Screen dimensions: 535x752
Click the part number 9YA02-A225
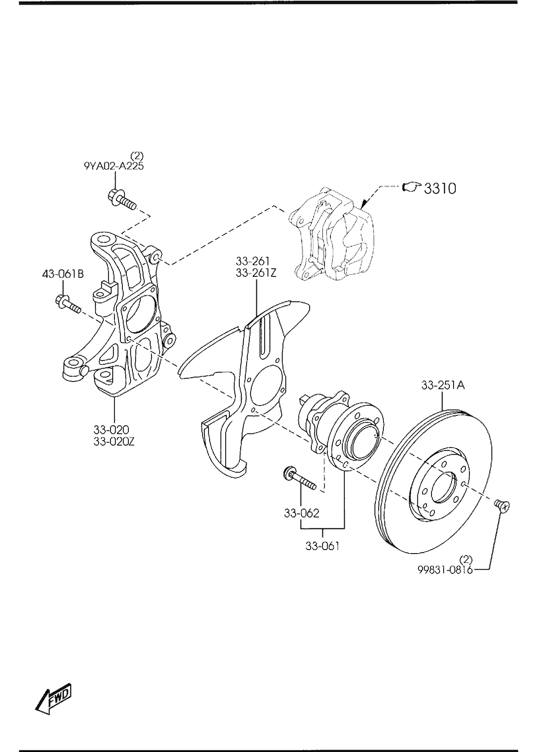click(x=114, y=166)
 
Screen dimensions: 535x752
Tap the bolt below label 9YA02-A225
click(x=122, y=200)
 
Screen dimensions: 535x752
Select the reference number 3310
click(x=440, y=188)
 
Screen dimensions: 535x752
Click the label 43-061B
click(x=62, y=274)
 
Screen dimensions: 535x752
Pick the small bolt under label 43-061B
click(x=68, y=304)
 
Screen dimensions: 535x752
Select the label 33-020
click(x=112, y=430)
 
